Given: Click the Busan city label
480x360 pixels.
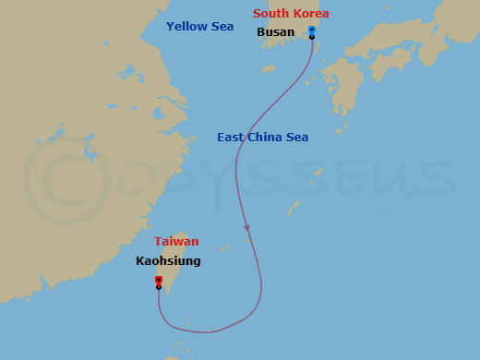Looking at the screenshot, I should coord(275,32).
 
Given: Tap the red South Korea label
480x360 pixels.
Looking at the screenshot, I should coord(291,14).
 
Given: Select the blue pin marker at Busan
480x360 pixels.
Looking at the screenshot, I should coord(312,31).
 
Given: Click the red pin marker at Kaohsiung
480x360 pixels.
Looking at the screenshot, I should coord(159,281).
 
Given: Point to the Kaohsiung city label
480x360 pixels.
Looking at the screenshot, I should coord(168,261).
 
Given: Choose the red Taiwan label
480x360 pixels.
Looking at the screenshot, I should coord(176,242).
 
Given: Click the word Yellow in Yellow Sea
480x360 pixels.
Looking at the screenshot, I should coord(187,27).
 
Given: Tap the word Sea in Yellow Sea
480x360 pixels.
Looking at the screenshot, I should coord(222,27).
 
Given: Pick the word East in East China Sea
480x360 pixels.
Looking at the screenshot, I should coord(231,138).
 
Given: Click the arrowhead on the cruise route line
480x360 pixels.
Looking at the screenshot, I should coord(246,227).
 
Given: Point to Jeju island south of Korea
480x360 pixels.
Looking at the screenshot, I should coord(269,68).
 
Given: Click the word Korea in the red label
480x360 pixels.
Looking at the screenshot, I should coord(311,14).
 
